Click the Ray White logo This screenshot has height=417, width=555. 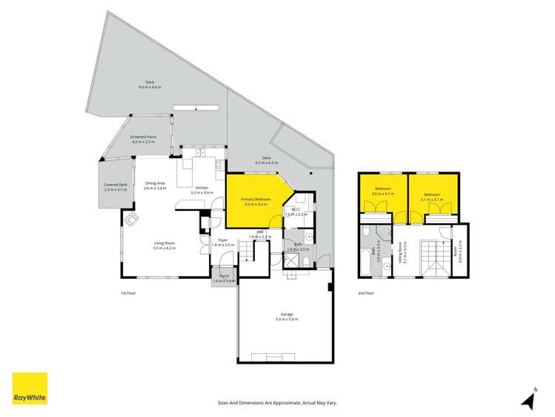tap(30, 389)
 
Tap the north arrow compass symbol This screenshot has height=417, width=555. tap(528, 399)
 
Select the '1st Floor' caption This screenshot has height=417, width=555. tap(128, 293)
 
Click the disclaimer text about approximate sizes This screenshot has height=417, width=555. tap(277, 402)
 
